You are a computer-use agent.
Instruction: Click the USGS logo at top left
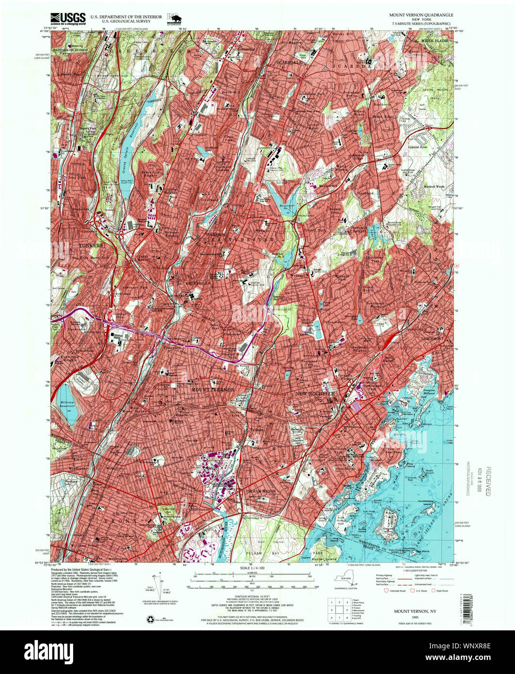(x=68, y=18)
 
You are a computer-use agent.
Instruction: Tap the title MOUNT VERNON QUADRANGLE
(x=421, y=15)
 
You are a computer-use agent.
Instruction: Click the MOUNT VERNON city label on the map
(x=213, y=389)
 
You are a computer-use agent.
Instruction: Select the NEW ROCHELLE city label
(x=315, y=394)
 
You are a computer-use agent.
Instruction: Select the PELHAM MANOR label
(x=262, y=491)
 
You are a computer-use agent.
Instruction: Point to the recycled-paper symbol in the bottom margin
(x=150, y=619)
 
